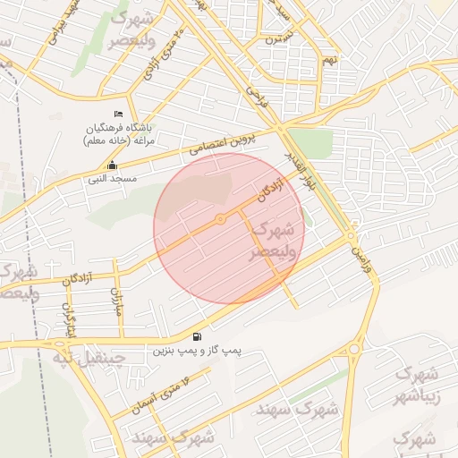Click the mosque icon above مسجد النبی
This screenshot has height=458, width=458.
(x=111, y=165)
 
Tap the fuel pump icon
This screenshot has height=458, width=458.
(x=196, y=337)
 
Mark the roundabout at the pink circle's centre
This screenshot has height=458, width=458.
(x=220, y=219)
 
